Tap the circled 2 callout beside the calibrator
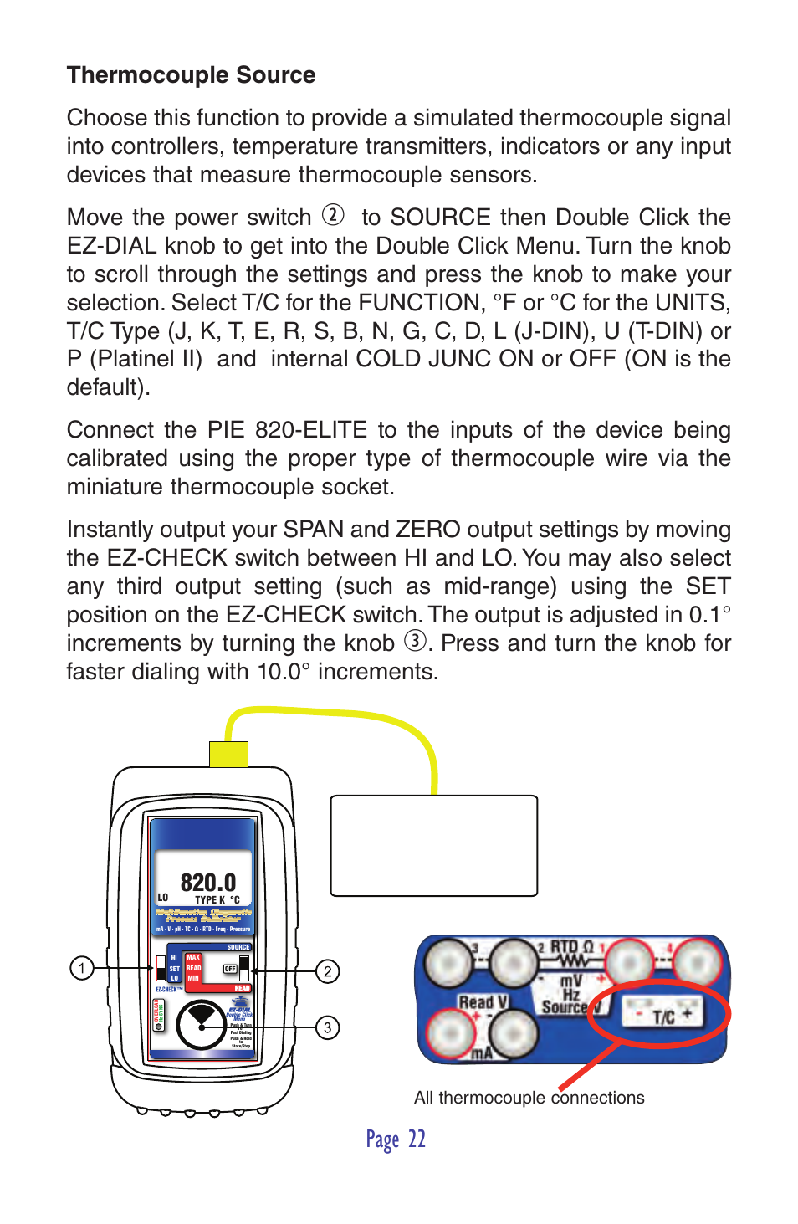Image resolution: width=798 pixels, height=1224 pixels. tap(327, 971)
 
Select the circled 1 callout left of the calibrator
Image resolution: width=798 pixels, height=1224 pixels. tap(81, 969)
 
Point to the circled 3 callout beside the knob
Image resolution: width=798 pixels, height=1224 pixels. tap(327, 1027)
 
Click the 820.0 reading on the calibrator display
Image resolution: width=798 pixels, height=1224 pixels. tap(207, 883)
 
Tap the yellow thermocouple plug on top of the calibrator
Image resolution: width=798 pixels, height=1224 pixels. tap(228, 753)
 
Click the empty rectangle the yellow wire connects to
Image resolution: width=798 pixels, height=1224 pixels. tap(433, 845)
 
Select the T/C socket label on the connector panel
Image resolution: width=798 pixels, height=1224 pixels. tap(663, 1017)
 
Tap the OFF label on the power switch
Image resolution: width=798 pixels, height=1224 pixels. tap(230, 969)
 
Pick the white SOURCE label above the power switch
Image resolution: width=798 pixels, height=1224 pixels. tap(238, 947)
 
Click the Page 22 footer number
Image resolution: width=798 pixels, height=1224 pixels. tap(396, 1139)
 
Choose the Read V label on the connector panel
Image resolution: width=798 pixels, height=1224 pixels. tap(483, 1002)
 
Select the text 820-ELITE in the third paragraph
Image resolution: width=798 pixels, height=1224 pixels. tap(310, 430)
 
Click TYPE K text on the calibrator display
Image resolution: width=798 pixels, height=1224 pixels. tap(212, 900)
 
